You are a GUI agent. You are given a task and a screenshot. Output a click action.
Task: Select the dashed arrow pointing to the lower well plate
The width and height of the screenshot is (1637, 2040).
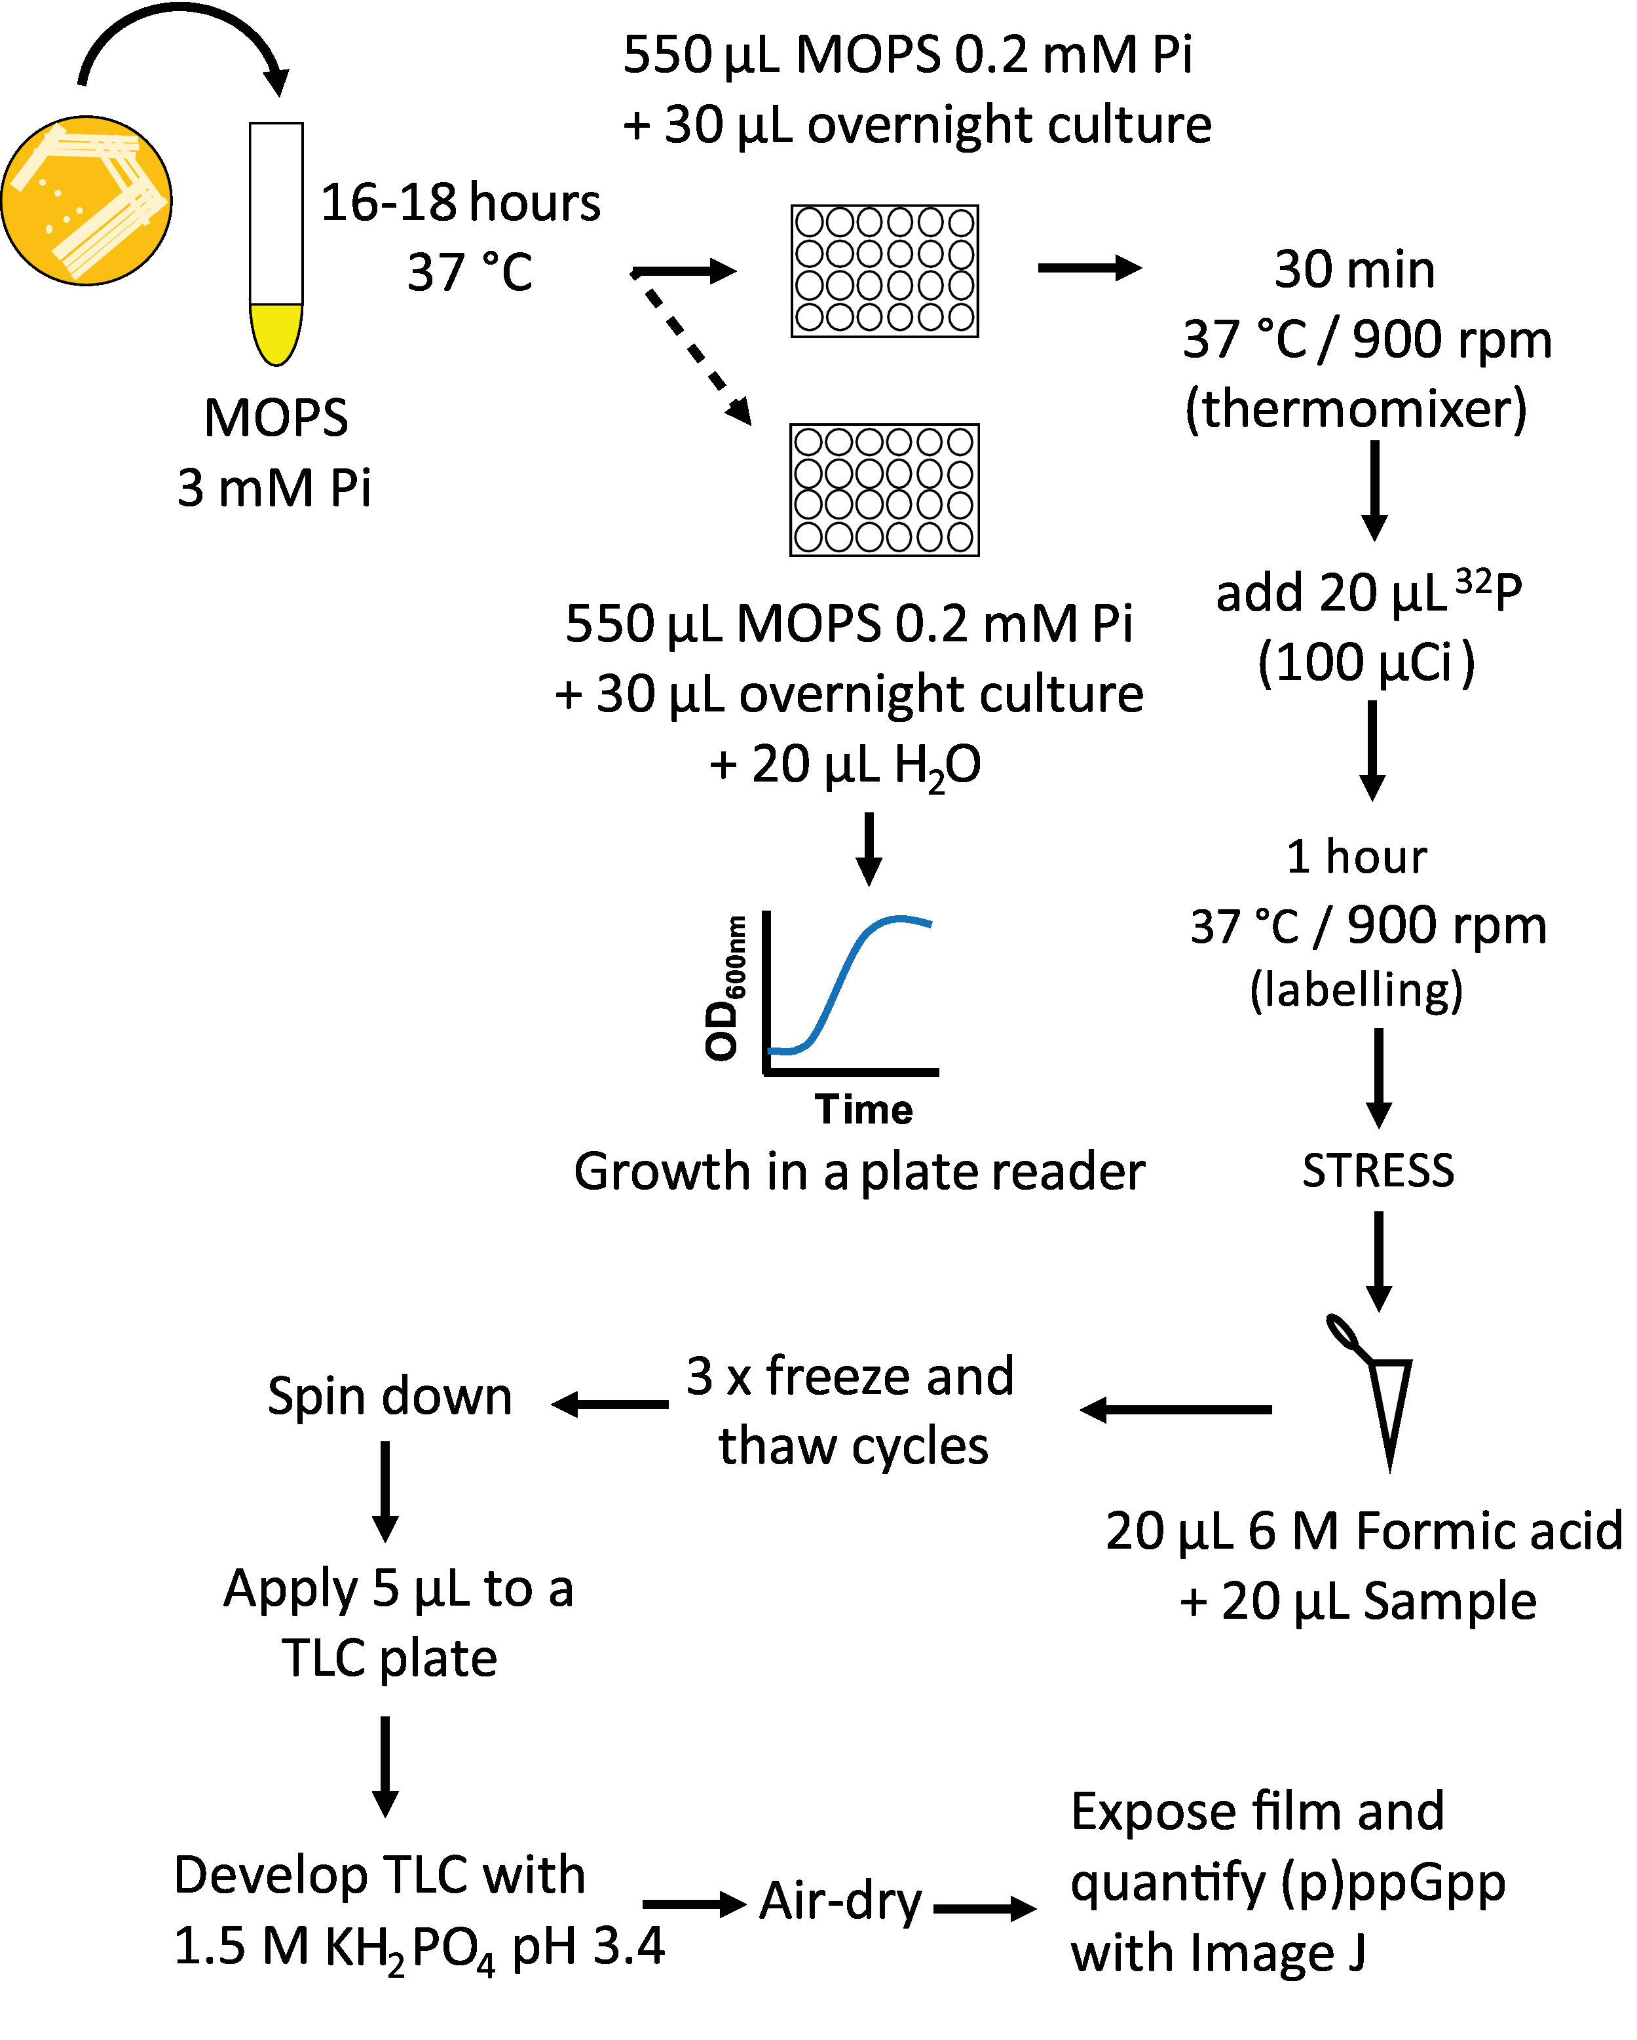pos(698,355)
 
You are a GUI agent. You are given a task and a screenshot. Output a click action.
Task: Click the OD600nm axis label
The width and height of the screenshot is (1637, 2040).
pos(724,989)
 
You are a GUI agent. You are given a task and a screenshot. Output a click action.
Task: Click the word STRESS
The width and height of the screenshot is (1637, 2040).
pos(1377,1171)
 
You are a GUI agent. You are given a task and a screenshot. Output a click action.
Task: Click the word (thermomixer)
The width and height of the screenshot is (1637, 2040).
pos(1356,409)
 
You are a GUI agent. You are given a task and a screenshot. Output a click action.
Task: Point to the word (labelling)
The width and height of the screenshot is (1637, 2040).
pos(1356,991)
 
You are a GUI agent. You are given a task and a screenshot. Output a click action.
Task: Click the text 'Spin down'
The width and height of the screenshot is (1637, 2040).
pos(389,1397)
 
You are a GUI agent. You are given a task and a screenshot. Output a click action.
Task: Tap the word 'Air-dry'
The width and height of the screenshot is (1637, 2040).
pos(840,1901)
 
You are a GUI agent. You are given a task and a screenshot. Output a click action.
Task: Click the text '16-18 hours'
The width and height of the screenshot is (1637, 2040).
pos(460,202)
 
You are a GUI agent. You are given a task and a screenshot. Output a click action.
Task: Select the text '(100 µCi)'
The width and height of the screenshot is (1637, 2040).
pos(1365,662)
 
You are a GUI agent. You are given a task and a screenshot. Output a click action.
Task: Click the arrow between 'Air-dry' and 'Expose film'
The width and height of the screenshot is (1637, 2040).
pos(984,1908)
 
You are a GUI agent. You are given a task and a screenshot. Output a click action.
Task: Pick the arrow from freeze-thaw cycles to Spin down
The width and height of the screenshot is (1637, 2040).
pos(611,1404)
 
